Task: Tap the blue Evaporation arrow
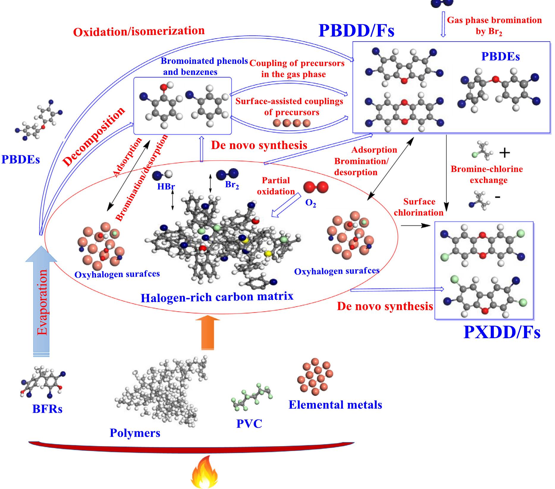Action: click(41, 303)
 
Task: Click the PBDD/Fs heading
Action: click(356, 30)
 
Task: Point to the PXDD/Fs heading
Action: click(502, 333)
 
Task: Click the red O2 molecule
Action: click(316, 187)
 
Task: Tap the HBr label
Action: click(166, 186)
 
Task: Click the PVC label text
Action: click(249, 423)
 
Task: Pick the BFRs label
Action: click(47, 409)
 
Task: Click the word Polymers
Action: click(135, 433)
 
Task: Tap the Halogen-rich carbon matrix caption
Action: click(217, 297)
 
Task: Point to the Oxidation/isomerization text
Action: click(139, 31)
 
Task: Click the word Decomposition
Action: click(94, 136)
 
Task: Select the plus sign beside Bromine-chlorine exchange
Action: click(504, 153)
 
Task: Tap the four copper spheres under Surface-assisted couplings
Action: click(292, 123)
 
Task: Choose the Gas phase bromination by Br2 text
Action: click(494, 26)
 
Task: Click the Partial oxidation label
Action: click(276, 186)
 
